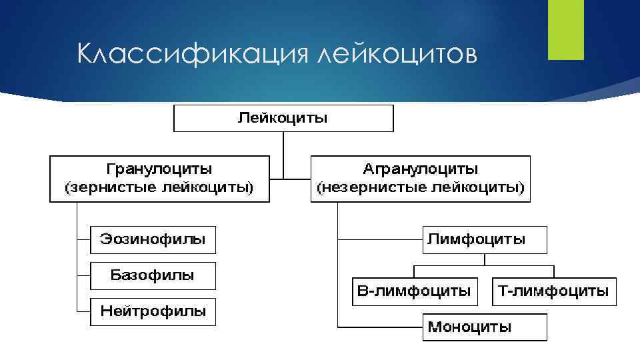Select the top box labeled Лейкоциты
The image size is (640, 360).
pyautogui.click(x=283, y=118)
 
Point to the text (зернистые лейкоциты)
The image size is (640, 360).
pyautogui.click(x=159, y=188)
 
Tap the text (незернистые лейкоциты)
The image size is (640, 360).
pyautogui.click(x=421, y=188)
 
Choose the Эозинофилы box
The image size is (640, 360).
pyautogui.click(x=153, y=239)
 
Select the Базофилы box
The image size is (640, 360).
pyautogui.click(x=153, y=275)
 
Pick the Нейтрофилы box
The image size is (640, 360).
pyautogui.click(x=153, y=311)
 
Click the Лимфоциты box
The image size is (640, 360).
pyautogui.click(x=485, y=239)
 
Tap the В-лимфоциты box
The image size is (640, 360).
pyautogui.click(x=415, y=291)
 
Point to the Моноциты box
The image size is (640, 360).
pyautogui.click(x=485, y=327)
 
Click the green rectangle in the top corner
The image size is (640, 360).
pyautogui.click(x=565, y=29)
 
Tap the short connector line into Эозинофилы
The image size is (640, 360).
pyautogui.click(x=83, y=239)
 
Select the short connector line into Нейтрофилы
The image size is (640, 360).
pyautogui.click(x=83, y=311)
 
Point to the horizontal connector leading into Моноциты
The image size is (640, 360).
pyautogui.click(x=380, y=327)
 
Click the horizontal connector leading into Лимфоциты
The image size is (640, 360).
pyautogui.click(x=380, y=239)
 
